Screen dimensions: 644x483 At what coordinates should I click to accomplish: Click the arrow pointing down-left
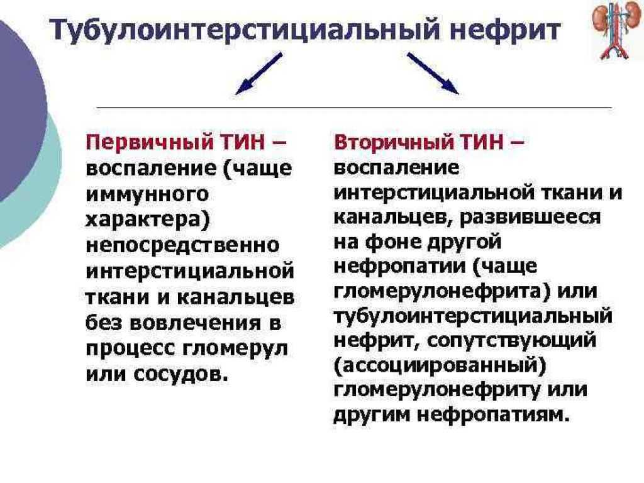click(258, 74)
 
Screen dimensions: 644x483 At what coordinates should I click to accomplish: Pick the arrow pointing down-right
click(433, 73)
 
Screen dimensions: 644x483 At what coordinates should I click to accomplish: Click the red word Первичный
click(150, 143)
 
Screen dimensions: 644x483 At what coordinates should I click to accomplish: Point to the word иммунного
click(147, 194)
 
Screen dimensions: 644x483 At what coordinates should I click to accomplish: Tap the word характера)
click(148, 219)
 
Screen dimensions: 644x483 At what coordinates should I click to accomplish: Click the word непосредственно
click(183, 246)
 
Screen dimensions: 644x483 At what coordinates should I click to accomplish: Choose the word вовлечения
click(196, 323)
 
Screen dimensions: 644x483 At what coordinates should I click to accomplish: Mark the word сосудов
click(181, 374)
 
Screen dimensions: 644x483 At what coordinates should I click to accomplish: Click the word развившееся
click(530, 218)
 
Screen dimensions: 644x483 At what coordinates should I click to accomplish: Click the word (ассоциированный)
click(440, 366)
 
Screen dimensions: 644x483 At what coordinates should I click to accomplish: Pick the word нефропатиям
click(494, 416)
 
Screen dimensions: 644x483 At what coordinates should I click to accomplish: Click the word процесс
click(131, 349)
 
